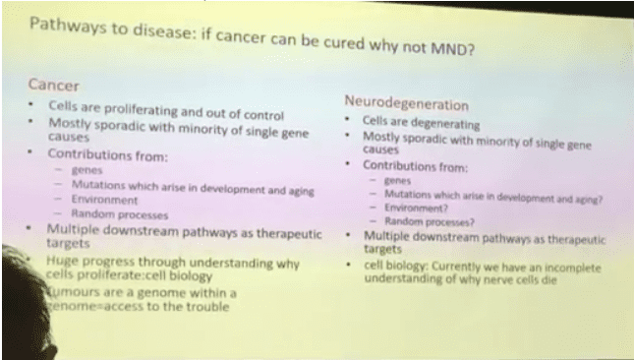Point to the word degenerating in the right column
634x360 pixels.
pos(445,125)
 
